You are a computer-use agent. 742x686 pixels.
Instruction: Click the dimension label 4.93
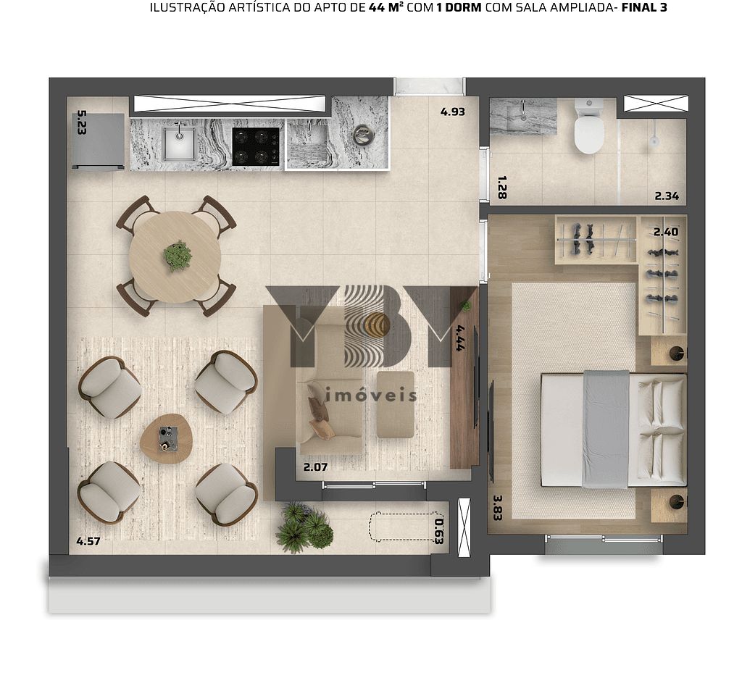452,112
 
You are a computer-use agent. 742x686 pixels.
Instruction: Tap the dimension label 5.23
81,122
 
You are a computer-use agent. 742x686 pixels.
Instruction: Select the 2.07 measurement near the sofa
315,467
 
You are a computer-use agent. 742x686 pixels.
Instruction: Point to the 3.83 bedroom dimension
497,508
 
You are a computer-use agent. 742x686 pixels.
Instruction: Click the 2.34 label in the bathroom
667,196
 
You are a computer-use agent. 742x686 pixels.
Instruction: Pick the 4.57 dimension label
88,540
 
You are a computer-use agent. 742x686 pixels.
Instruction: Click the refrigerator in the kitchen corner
99,141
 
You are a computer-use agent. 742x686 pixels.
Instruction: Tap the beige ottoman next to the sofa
396,404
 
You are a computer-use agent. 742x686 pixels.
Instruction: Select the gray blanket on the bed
606,429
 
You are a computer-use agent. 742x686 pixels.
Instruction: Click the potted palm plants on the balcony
304,527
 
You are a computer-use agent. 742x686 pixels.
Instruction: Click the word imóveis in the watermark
371,396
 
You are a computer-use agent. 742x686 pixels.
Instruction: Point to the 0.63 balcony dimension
438,532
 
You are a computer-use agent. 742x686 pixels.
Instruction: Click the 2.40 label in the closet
666,232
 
